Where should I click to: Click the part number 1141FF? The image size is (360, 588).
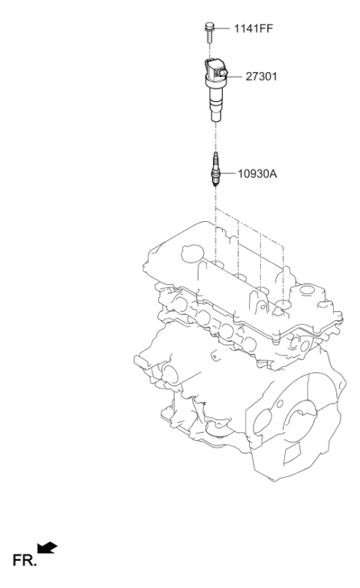pos(253,28)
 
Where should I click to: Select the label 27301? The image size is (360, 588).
pos(261,76)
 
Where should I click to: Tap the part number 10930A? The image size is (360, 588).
pos(257,174)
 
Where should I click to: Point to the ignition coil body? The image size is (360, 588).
pos(214,90)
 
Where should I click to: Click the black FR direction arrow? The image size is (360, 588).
pos(47,547)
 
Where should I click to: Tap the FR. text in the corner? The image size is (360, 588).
pos(25,560)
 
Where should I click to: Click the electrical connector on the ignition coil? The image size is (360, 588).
pos(222,72)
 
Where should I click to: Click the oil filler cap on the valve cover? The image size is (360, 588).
pos(192,253)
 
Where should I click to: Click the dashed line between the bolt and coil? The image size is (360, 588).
pos(209,50)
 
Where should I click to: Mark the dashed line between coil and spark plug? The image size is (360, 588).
pos(215,136)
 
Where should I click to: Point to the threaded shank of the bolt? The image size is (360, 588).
pos(209,37)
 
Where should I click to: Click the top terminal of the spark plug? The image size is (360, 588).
pos(215,155)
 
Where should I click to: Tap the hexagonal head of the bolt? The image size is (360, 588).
pos(209,27)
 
